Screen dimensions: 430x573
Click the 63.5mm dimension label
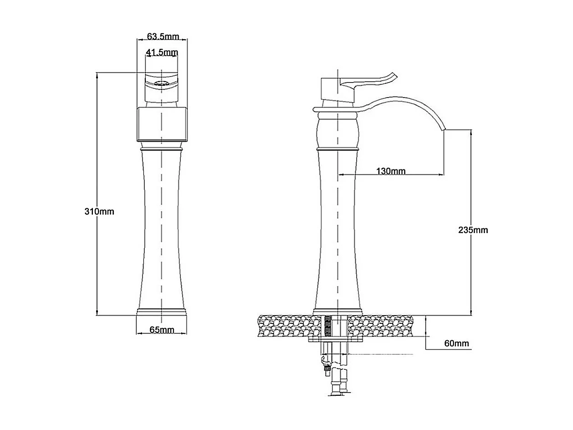coord(163,36)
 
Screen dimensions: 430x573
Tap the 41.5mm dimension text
coord(162,52)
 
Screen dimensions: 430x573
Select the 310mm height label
coord(99,212)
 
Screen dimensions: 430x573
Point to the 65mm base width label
coord(162,330)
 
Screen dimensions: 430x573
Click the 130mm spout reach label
coord(391,171)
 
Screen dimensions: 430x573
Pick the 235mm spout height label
coord(473,230)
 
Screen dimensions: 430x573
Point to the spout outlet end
coord(444,130)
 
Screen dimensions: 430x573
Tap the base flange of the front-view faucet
coord(162,312)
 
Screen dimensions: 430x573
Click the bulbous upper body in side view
coord(337,132)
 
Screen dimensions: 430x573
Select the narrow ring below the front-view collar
coord(162,149)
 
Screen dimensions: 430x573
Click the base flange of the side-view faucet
coord(337,311)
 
